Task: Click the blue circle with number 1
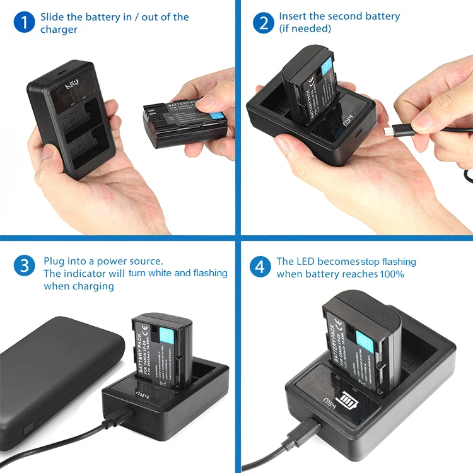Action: (x=24, y=23)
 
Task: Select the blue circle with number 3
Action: (x=24, y=266)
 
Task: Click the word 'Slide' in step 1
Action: (x=53, y=17)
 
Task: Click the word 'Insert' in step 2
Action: (x=293, y=16)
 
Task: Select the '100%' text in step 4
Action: (x=392, y=274)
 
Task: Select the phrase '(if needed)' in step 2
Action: (x=305, y=29)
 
